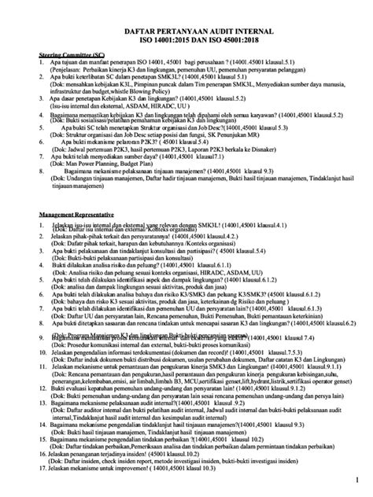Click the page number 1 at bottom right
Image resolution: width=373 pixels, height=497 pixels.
[355, 479]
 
